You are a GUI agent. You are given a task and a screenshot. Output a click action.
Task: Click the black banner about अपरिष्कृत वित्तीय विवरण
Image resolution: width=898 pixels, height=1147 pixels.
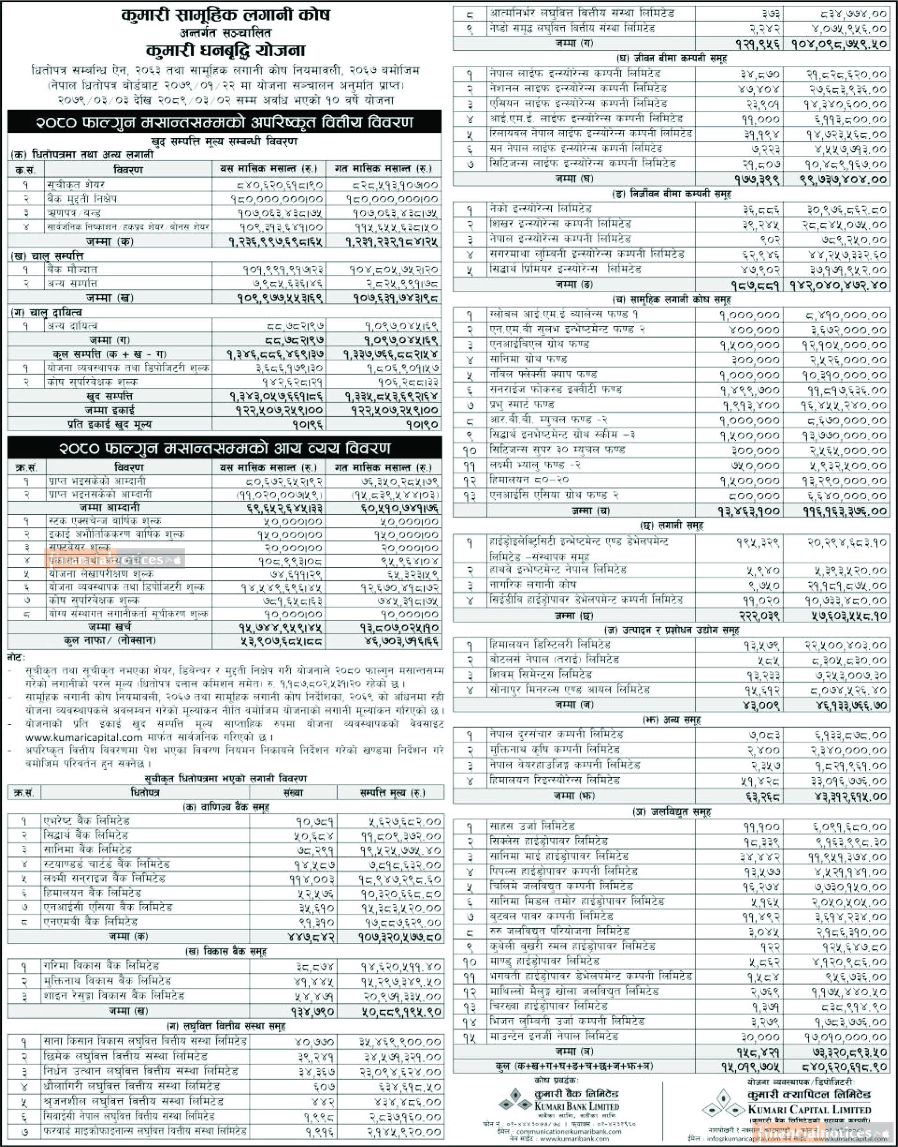tap(224, 123)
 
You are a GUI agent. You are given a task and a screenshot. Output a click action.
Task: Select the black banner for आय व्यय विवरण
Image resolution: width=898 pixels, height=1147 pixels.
tap(224, 448)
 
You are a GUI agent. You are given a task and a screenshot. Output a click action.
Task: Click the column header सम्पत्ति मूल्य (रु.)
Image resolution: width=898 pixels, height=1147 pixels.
tap(392, 793)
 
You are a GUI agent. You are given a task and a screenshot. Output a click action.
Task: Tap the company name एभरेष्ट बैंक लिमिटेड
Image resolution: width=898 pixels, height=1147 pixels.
tap(87, 821)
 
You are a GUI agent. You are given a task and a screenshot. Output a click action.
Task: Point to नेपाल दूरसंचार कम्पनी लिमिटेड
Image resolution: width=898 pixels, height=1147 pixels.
tap(555, 734)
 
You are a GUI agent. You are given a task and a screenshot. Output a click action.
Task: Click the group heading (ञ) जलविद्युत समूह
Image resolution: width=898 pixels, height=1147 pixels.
tap(671, 812)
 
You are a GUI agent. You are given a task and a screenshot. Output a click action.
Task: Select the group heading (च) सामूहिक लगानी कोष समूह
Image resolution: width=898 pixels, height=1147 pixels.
tap(671, 299)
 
